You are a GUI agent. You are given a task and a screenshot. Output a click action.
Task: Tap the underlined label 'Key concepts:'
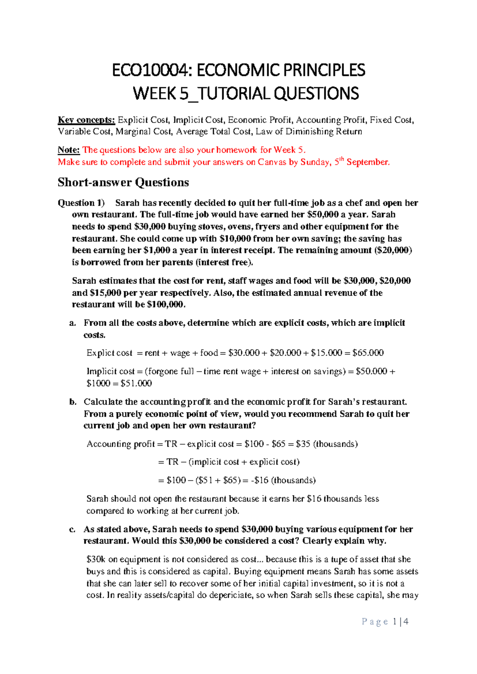point(86,120)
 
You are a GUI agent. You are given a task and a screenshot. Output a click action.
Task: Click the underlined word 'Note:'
point(68,150)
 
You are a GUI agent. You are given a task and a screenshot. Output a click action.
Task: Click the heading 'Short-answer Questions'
point(123,182)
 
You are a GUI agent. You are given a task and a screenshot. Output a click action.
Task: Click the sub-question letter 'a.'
point(73,323)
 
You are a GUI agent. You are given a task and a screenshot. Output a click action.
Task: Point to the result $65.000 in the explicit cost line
point(368,353)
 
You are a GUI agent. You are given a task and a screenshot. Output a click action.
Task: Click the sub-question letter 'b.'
point(73,402)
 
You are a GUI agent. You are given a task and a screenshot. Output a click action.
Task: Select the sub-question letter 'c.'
point(72,529)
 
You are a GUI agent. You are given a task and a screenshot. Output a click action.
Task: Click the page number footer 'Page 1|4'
point(385,622)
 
